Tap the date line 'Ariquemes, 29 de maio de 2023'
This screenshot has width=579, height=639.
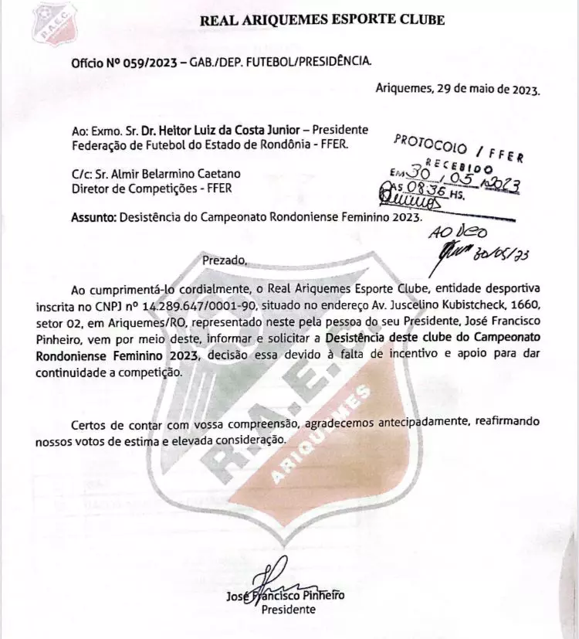pyautogui.click(x=458, y=88)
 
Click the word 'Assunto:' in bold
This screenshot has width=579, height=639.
pyautogui.click(x=93, y=217)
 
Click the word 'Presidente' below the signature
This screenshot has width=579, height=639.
pyautogui.click(x=289, y=610)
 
